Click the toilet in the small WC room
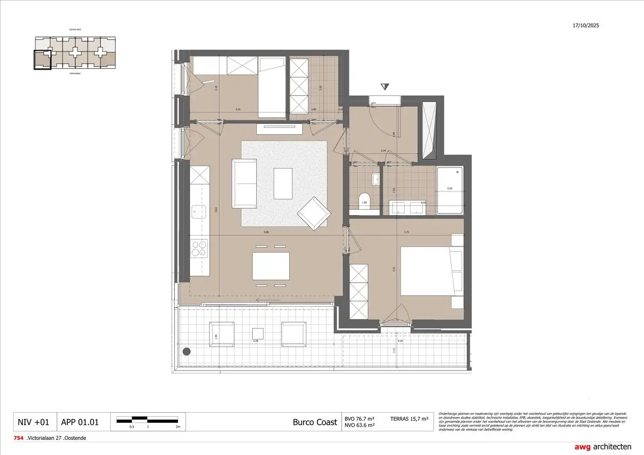point(365,204)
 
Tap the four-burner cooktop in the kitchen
point(199,248)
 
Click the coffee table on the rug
point(283,183)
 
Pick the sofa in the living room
point(244,183)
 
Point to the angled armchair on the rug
point(314,214)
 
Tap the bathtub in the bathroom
point(450,190)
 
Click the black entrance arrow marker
point(385,87)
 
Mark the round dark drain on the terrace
point(186,351)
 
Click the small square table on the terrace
point(258,334)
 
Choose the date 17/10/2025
point(586,25)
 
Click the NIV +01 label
point(33,422)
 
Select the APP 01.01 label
point(80,422)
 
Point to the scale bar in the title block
point(147,420)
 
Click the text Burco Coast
point(314,422)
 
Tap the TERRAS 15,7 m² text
point(409,419)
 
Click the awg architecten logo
point(603,447)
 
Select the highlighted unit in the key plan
point(43,60)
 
